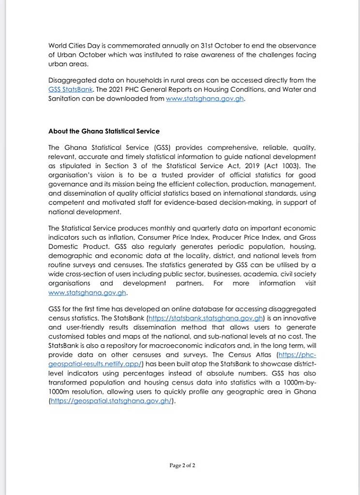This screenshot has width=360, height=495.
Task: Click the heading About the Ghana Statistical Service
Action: coord(104,131)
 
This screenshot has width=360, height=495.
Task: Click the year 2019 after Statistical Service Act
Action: coord(259,166)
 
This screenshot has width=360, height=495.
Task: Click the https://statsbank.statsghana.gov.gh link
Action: coord(209,318)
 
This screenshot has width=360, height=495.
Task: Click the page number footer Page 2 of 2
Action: coord(182,466)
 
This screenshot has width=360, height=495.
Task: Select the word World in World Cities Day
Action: coord(58,45)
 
